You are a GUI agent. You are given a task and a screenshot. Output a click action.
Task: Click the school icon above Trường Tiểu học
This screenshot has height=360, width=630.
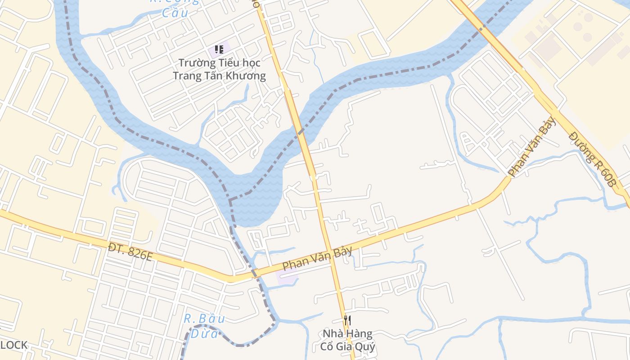pyautogui.click(x=219, y=49)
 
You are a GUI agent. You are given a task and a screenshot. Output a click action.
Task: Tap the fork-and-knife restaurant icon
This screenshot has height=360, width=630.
pyautogui.click(x=347, y=320)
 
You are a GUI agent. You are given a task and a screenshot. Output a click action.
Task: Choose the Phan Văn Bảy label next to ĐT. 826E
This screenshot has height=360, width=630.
pyautogui.click(x=317, y=259)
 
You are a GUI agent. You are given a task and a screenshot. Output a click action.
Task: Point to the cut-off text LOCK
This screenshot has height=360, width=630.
pyautogui.click(x=13, y=345)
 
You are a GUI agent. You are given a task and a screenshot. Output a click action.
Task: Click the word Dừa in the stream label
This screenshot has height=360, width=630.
pyautogui.click(x=204, y=333)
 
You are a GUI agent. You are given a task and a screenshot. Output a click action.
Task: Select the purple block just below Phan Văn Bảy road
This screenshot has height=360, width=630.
pyautogui.click(x=287, y=276)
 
